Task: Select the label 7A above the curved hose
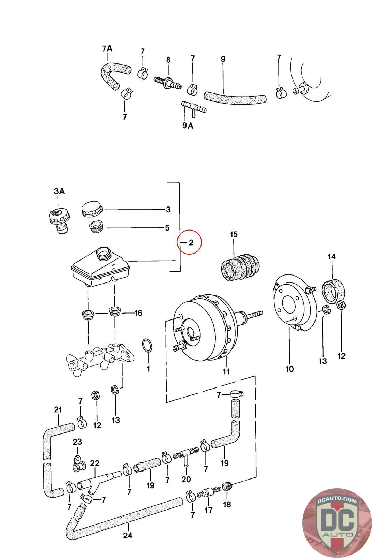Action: [107, 48]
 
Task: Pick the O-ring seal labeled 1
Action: [148, 346]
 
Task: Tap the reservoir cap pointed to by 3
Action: [92, 210]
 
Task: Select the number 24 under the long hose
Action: [128, 535]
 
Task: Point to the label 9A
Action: [188, 126]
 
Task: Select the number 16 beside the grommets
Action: [138, 313]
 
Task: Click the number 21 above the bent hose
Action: [58, 409]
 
